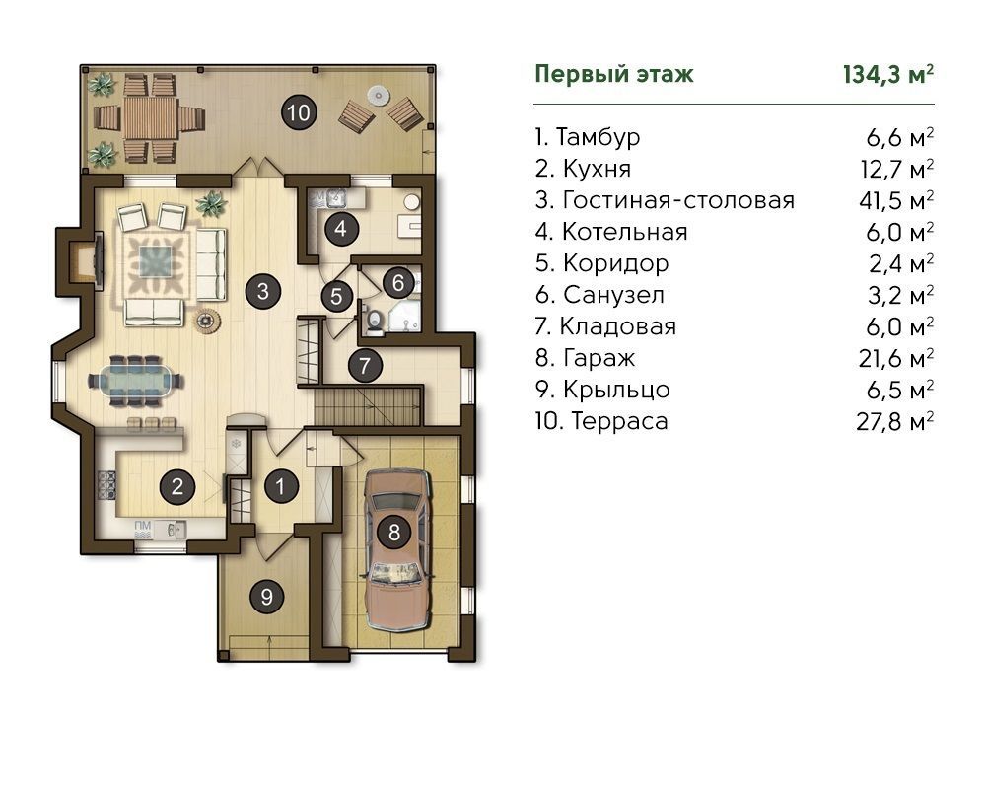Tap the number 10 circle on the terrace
298,112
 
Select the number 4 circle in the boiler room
341,228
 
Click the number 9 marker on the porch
266,596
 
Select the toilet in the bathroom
374,320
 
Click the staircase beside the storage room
367,407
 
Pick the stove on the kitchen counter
106,484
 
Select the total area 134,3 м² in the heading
888,75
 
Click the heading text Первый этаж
613,74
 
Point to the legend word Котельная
624,232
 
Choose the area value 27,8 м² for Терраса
895,421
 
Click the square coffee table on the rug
155,261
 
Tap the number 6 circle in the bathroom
398,282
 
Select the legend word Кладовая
618,326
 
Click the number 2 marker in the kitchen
176,486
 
